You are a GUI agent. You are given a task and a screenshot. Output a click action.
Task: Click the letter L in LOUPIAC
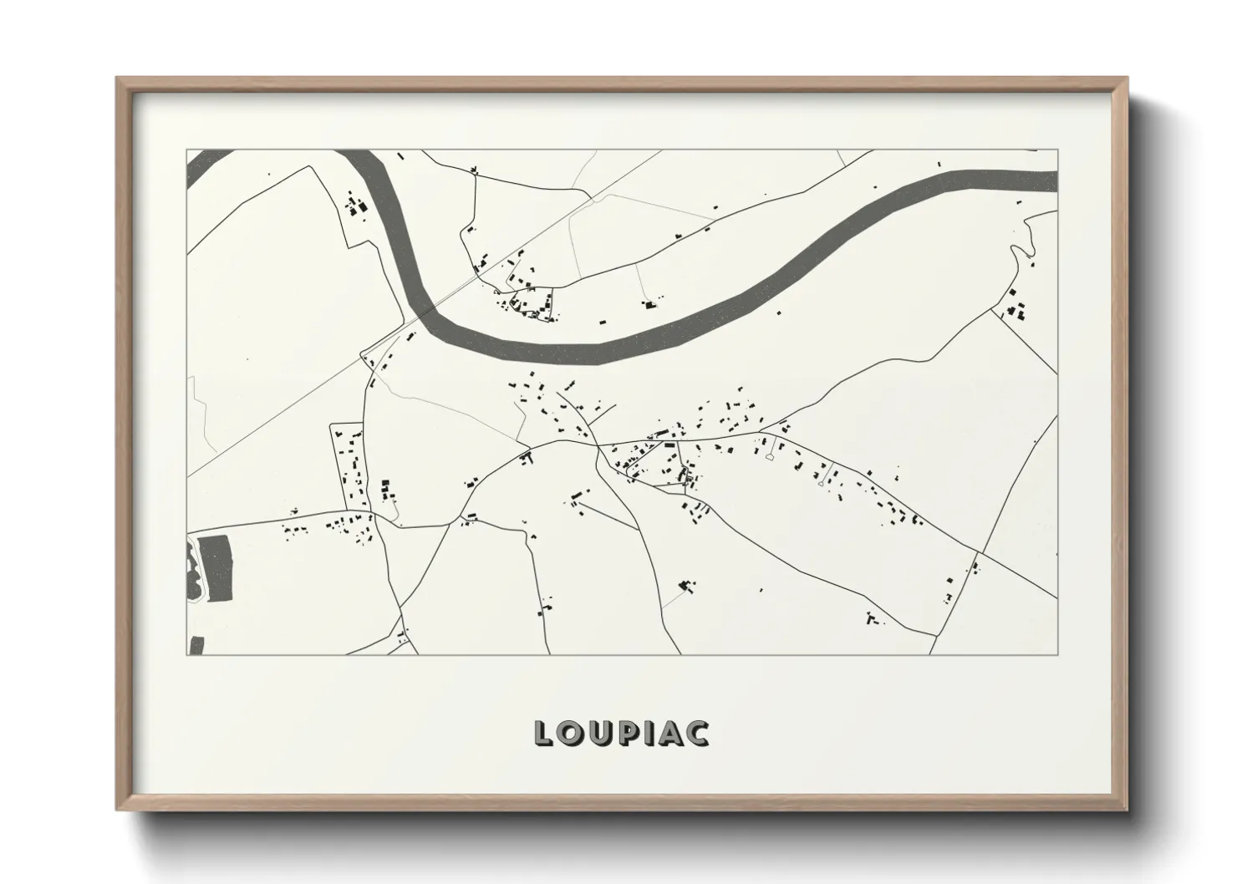(544, 733)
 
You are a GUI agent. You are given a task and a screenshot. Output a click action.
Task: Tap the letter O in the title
(570, 733)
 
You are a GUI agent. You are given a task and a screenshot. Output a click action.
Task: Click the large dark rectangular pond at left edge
(218, 569)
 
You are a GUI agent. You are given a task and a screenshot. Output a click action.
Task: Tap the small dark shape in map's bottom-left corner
(197, 645)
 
